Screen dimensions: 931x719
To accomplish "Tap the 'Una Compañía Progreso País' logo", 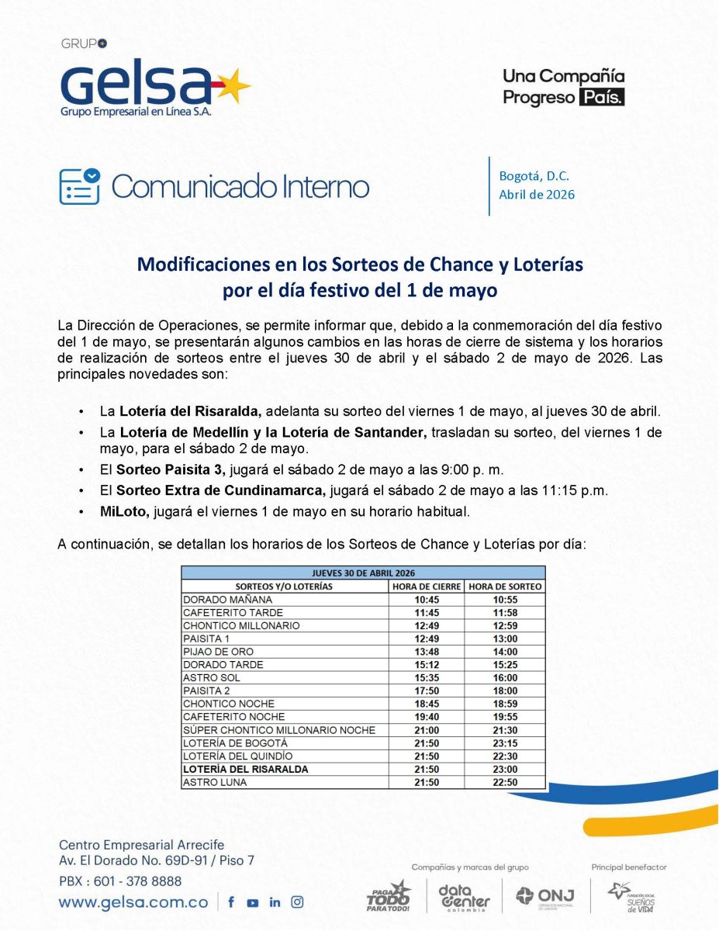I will tap(563, 87).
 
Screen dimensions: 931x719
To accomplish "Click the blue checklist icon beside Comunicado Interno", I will tap(80, 186).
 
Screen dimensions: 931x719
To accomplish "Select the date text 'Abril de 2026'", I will tap(537, 194).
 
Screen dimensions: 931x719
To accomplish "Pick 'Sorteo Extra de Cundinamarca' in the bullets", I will tap(222, 490).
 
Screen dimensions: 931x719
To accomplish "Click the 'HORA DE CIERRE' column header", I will tap(427, 587).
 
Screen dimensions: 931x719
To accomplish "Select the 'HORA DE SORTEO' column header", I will tap(506, 587).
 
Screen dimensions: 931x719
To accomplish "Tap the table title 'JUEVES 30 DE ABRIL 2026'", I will tap(363, 573).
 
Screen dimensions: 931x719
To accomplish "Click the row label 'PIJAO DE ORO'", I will tap(218, 652).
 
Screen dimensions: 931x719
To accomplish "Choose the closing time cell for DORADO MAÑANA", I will tap(427, 600).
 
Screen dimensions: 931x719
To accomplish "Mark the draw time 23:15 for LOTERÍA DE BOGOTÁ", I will tap(506, 743).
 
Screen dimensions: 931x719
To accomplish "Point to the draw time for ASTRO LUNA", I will tap(506, 783).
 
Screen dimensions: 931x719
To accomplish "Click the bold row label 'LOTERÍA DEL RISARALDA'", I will tap(245, 770).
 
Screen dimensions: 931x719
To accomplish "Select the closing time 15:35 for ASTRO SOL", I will tap(427, 678).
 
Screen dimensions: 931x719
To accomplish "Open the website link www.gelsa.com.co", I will tap(133, 902).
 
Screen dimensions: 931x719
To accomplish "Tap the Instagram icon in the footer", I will tap(297, 902).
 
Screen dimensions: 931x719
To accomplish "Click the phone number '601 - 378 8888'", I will tap(143, 881).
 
